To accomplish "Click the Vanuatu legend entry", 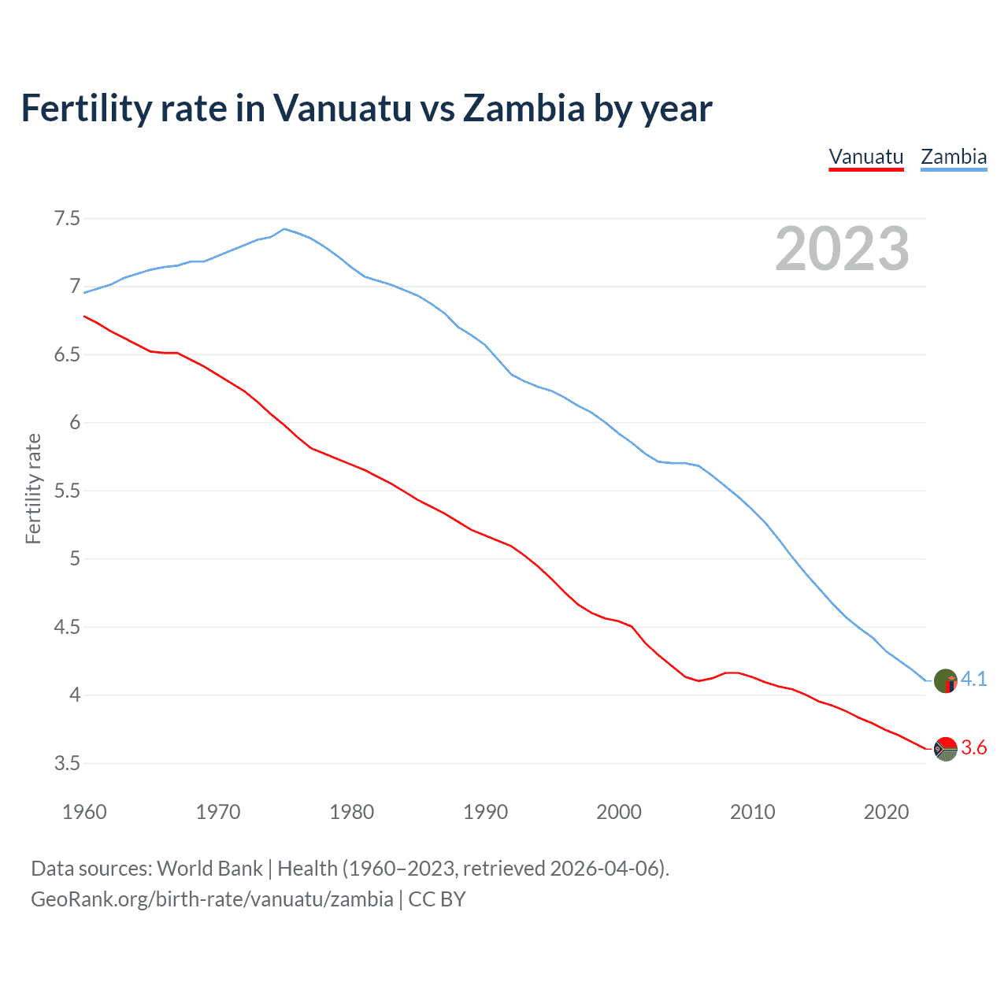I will (865, 157).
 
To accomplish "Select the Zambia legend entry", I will (954, 157).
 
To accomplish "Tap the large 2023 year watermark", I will (842, 249).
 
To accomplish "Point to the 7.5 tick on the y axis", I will (67, 218).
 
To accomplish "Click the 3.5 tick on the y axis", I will (67, 763).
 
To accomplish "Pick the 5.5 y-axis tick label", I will (67, 491).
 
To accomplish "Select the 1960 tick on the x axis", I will (84, 812).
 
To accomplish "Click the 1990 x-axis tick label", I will (485, 812).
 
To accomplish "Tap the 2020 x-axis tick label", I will (886, 812).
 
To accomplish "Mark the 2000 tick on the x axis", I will (619, 812).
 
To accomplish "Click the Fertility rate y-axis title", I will (33, 488).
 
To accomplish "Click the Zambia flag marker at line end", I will (945, 680).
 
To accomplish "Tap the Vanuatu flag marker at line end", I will (945, 749).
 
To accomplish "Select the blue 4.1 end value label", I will (974, 679).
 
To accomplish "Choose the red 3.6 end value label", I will (974, 748).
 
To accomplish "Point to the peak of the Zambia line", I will (284, 229).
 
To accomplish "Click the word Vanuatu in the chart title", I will (342, 108).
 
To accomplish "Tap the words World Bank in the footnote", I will (209, 869).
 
